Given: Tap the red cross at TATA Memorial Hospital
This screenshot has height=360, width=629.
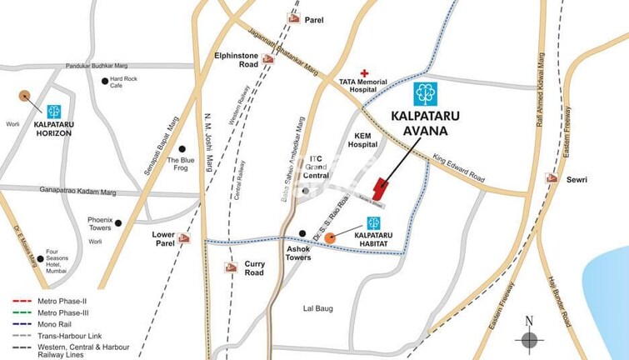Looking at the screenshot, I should tap(364, 73).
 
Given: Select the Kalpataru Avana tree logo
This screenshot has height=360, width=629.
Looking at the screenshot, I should tap(426, 94).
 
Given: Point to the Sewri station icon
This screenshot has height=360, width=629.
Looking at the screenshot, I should tap(551, 178).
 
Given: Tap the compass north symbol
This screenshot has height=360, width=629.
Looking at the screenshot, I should tap(527, 337).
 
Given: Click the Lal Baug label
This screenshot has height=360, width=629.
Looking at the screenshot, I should tap(317, 308).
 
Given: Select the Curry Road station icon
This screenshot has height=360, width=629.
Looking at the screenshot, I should tap(231, 267).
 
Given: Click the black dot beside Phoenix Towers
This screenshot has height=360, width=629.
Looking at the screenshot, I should tap(119, 223).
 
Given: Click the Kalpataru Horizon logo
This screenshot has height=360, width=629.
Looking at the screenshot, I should tap(54, 112).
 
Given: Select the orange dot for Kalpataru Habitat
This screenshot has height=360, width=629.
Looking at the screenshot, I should tap(330, 238).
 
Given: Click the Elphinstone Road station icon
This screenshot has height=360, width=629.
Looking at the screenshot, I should tap(267, 59).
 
